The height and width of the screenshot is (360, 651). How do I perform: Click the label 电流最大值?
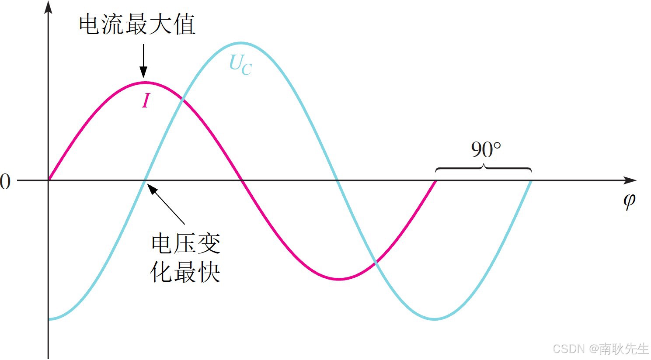click(137, 24)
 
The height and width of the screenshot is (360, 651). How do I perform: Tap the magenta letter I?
click(146, 101)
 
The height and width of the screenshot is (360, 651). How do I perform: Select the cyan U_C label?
click(240, 65)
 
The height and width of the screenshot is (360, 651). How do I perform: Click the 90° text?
click(485, 150)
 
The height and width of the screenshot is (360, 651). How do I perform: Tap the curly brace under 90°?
click(484, 168)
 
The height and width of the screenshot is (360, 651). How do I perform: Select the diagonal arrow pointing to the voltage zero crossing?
click(166, 204)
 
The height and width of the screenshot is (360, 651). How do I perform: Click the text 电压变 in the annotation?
click(186, 243)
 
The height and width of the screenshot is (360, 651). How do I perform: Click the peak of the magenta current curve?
click(145, 82)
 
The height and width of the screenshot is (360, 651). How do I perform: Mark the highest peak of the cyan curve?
click(241, 43)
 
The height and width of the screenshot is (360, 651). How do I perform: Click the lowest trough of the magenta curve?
click(339, 279)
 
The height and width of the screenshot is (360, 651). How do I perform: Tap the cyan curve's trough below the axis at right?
click(435, 319)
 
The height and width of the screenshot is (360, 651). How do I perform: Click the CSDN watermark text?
click(600, 349)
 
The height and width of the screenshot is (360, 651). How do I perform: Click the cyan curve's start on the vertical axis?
click(49, 319)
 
